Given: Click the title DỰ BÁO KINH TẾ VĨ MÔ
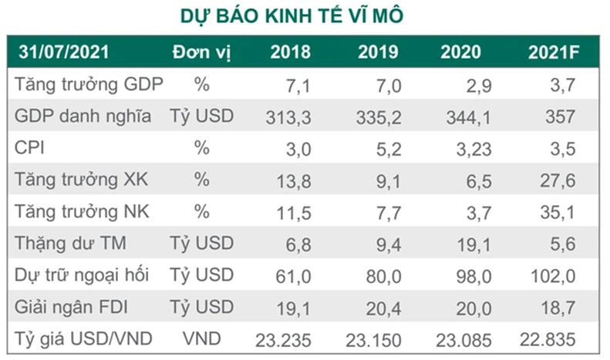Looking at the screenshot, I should click(x=304, y=15).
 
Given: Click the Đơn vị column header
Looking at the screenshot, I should click(x=201, y=52).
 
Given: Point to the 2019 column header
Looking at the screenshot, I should click(x=378, y=52).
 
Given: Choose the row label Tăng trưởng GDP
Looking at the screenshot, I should click(x=89, y=85).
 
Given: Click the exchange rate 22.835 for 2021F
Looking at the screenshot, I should click(x=550, y=338).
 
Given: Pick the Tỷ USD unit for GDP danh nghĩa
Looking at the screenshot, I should click(x=202, y=116).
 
